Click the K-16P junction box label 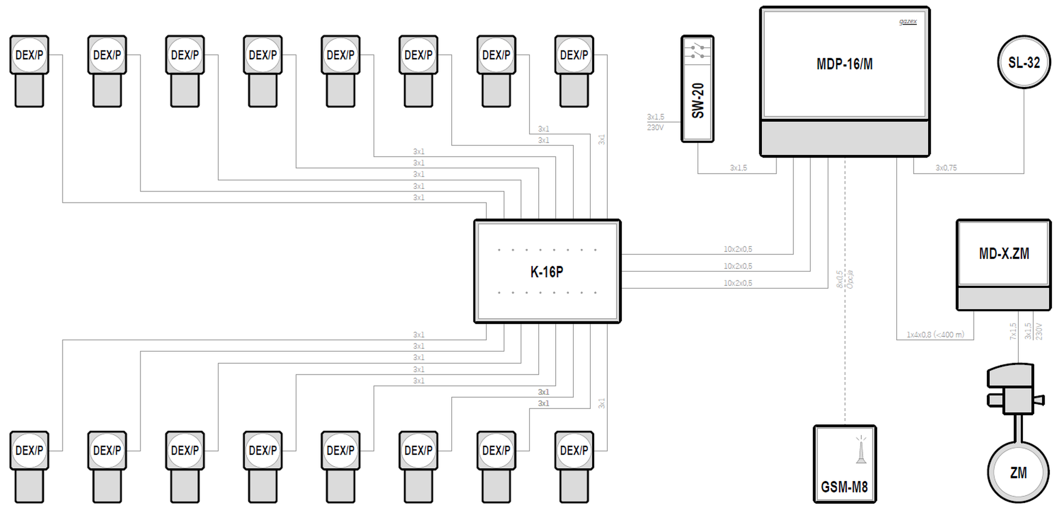(x=546, y=271)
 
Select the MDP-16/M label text (x=845, y=64)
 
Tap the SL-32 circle (x=1024, y=62)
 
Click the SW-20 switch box (x=697, y=89)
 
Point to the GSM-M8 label (x=844, y=486)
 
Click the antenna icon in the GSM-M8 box (x=861, y=450)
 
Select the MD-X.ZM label (x=1004, y=253)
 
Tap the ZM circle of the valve (x=1018, y=472)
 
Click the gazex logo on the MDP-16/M (x=908, y=21)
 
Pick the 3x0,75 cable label (x=946, y=168)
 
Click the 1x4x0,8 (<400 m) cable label (x=935, y=335)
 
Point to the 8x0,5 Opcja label (x=845, y=279)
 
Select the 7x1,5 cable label (x=1013, y=331)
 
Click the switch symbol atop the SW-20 (x=697, y=50)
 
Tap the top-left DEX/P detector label (x=29, y=55)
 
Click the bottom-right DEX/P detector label (x=574, y=451)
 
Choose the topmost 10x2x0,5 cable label (x=738, y=249)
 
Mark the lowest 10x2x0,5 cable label (x=738, y=283)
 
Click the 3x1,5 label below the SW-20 (x=738, y=168)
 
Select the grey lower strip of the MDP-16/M (x=845, y=138)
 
